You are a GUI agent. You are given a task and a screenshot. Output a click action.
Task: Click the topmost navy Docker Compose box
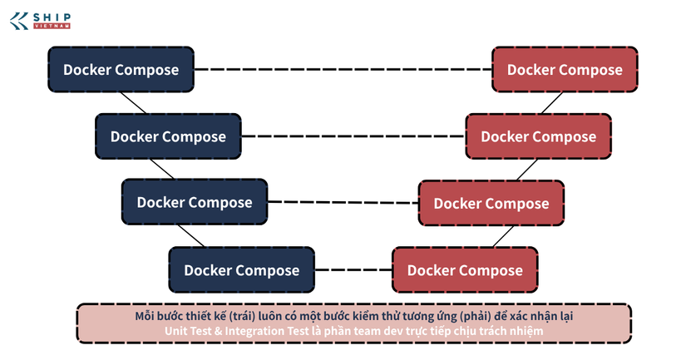(x=121, y=70)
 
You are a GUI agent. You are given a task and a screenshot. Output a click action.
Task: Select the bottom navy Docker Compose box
(x=241, y=270)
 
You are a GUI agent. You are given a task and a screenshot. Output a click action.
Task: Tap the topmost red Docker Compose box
(x=565, y=70)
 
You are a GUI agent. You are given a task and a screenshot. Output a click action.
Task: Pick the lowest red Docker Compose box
(x=465, y=270)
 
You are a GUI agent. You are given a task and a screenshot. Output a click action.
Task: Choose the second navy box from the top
(x=168, y=136)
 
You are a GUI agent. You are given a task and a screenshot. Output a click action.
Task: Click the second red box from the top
(x=539, y=136)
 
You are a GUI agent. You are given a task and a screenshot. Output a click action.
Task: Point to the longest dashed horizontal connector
(x=343, y=69)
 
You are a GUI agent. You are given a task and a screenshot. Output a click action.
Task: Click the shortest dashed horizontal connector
(x=353, y=269)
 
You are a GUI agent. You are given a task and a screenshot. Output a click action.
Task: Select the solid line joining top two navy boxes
(x=133, y=103)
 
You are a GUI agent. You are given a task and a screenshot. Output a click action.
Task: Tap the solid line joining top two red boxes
(x=551, y=103)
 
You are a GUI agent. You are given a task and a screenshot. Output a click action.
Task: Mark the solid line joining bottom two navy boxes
(x=191, y=236)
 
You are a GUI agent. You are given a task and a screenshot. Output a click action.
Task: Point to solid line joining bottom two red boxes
(x=504, y=236)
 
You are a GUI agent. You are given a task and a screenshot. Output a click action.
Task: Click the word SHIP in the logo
(x=52, y=17)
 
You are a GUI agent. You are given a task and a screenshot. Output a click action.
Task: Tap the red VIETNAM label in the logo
(x=52, y=27)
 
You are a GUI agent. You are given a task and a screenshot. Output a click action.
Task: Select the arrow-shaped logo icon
(x=19, y=21)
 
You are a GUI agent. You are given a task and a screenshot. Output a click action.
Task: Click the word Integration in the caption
(x=267, y=331)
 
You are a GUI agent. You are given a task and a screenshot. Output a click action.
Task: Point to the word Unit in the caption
(x=175, y=331)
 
